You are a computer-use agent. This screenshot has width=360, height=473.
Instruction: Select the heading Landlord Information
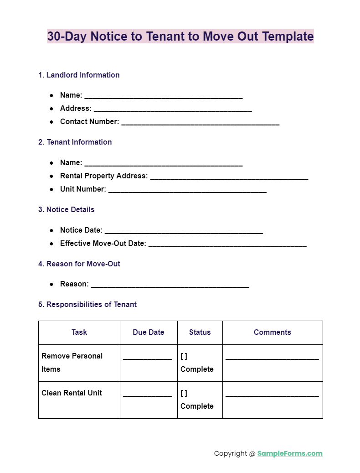pos(79,75)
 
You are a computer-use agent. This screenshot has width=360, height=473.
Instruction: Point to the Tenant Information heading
pos(75,142)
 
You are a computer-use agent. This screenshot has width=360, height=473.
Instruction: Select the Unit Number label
pos(83,189)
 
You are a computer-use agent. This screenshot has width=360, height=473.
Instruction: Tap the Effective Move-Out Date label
pos(103,244)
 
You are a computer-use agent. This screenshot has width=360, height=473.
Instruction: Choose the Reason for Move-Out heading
pos(79,264)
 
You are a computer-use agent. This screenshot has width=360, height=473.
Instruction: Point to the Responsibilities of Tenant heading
pos(87,305)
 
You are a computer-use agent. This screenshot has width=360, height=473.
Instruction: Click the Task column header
pos(79,333)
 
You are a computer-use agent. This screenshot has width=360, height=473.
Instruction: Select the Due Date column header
pos(149,333)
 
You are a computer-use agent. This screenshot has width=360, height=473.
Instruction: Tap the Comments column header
pos(273,333)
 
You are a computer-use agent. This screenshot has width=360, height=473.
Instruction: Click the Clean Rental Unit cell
pos(72,393)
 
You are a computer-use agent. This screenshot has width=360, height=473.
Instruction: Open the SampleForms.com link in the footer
pos(290,454)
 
